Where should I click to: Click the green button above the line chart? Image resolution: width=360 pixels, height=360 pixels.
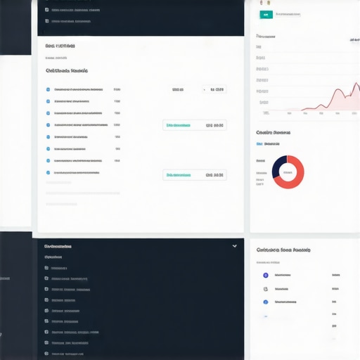(266, 14)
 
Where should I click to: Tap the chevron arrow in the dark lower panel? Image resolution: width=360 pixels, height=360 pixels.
(235, 246)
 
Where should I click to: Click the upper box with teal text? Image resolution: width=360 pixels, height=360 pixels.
(195, 125)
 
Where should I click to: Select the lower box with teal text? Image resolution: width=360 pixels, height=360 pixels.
(195, 174)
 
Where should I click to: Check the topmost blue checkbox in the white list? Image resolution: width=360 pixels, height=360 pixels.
(48, 90)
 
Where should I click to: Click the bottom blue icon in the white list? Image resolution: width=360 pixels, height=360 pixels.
(48, 172)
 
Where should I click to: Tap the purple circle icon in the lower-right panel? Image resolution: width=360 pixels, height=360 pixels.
(265, 275)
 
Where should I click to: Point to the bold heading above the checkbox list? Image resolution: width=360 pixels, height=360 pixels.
(66, 71)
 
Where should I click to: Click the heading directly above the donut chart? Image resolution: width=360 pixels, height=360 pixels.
(274, 132)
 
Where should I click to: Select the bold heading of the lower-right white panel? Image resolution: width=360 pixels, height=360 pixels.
(283, 250)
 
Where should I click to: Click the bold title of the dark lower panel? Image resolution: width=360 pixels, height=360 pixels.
(58, 247)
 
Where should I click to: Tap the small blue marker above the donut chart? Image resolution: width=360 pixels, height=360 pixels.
(259, 143)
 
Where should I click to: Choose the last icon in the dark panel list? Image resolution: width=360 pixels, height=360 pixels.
(47, 353)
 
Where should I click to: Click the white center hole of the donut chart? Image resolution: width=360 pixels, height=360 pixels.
(288, 171)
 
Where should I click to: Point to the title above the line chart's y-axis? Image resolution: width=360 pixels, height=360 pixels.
(265, 36)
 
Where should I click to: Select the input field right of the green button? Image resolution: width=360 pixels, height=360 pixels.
(290, 14)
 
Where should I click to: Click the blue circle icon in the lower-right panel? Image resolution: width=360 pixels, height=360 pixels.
(265, 302)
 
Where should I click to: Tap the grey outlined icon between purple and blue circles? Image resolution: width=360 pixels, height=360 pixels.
(265, 288)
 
